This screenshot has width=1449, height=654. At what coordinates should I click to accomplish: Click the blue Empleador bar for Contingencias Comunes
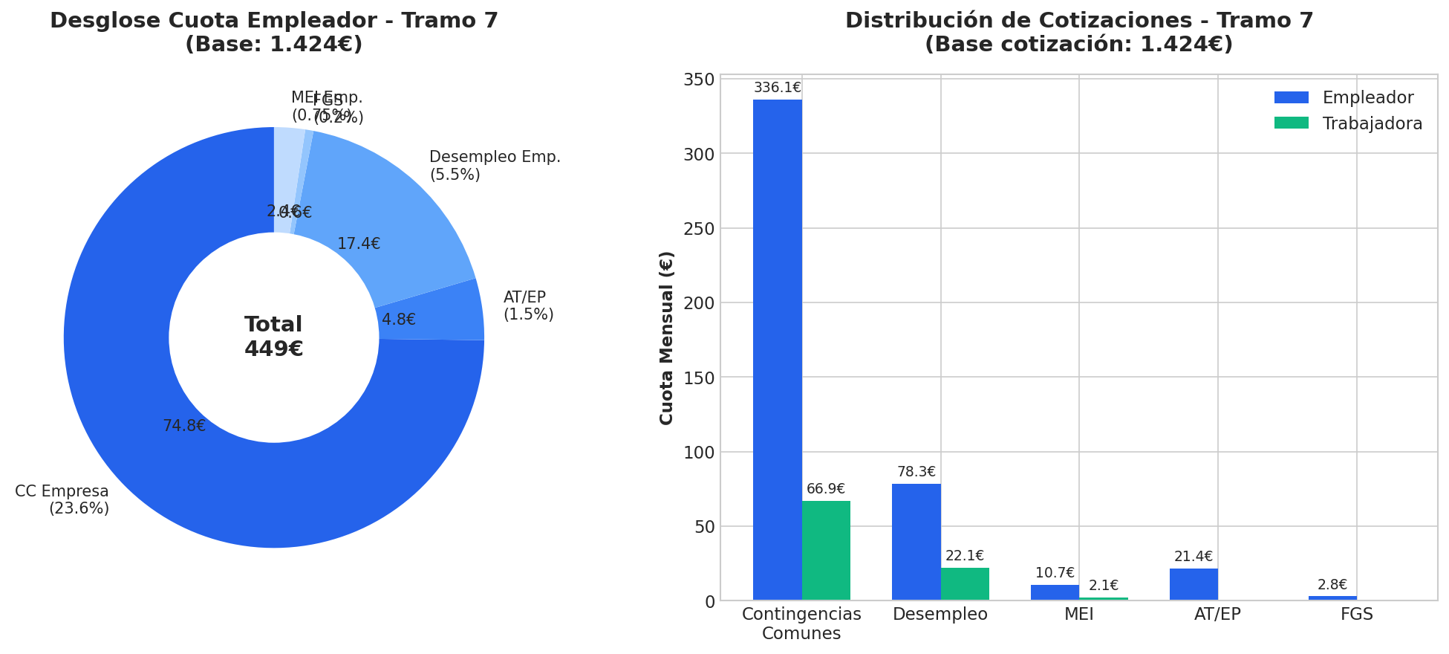pos(777,349)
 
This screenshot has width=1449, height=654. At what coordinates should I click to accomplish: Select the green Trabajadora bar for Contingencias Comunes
pos(826,550)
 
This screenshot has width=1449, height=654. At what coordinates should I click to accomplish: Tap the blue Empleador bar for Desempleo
pos(916,542)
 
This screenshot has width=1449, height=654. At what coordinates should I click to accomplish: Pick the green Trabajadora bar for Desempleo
pos(965,584)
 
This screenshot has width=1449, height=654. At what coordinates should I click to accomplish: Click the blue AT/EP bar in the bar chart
pos(1194,584)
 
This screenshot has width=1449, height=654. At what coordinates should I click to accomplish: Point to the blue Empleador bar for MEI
pos(1055,592)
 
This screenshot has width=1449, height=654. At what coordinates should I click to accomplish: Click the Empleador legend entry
pos(1344,98)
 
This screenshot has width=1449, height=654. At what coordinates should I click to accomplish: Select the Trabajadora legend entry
pos(1348,124)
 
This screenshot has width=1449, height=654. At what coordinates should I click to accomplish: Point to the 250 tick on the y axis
pos(699,229)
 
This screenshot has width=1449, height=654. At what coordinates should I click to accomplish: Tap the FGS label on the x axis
pos(1356,615)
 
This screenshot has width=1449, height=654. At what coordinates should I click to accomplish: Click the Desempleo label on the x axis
pos(940,615)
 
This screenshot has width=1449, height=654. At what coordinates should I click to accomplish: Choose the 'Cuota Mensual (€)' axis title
pos(667,337)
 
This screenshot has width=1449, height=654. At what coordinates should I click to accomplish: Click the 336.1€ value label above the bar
pos(777,88)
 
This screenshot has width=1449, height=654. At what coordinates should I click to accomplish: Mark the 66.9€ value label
pos(826,489)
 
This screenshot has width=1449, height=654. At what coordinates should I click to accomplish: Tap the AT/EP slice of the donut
pos(431,312)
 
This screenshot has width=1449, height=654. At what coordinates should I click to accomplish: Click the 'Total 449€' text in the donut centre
pos(273,337)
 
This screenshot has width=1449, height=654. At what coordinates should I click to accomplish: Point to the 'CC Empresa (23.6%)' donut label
pos(63,500)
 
